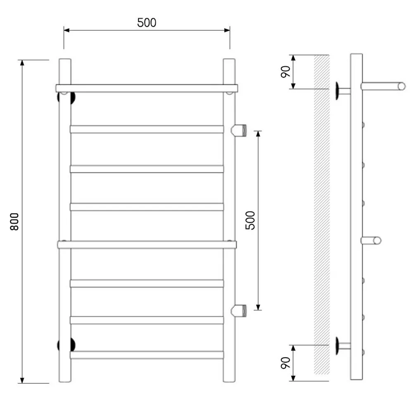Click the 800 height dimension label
point(14,221)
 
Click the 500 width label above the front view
point(147,23)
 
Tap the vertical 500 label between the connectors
point(250,221)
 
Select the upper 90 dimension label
point(286,71)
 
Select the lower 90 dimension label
point(286,363)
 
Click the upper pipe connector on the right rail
point(239,130)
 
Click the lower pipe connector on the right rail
point(239,310)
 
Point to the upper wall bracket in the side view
point(342,91)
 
